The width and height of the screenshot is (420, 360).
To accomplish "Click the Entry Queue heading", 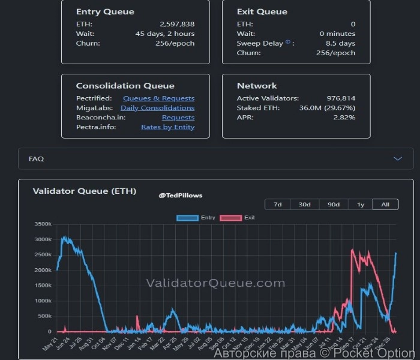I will pyautogui.click(x=105, y=11).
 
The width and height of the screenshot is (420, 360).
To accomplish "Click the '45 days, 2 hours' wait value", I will pyautogui.click(x=165, y=34).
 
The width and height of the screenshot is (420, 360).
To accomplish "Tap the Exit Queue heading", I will pyautogui.click(x=262, y=11).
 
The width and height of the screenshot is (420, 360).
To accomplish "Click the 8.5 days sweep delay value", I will pyautogui.click(x=341, y=43).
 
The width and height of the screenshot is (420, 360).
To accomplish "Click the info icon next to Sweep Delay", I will pyautogui.click(x=288, y=43).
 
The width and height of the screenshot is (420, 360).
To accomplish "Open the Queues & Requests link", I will pyautogui.click(x=158, y=98).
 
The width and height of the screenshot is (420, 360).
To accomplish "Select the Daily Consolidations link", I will pyautogui.click(x=157, y=108).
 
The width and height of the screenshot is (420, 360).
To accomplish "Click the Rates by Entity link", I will pyautogui.click(x=167, y=127).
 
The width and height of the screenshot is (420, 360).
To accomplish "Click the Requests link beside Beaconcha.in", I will pyautogui.click(x=178, y=118).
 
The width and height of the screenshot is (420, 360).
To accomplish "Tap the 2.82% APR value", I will pyautogui.click(x=345, y=118).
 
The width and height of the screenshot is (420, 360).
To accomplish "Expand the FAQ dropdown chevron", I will pyautogui.click(x=397, y=158).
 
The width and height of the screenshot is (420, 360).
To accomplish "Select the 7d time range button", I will pyautogui.click(x=278, y=205).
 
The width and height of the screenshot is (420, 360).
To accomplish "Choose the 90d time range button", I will pyautogui.click(x=333, y=205).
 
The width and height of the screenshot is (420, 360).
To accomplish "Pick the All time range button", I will pyautogui.click(x=385, y=205).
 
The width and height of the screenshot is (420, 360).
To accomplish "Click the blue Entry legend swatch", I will pyautogui.click(x=187, y=217).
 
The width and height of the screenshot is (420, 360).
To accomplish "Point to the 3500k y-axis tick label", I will pyautogui.click(x=44, y=224).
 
